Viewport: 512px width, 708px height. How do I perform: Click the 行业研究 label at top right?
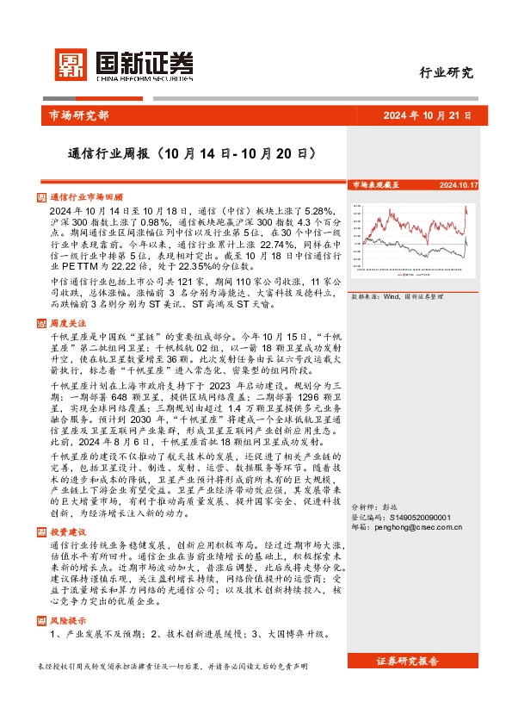[447, 73]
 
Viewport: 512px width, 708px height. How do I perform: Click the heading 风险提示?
[69, 620]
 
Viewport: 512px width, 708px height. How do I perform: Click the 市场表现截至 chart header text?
[375, 185]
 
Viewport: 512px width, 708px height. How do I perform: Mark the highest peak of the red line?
[466, 208]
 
